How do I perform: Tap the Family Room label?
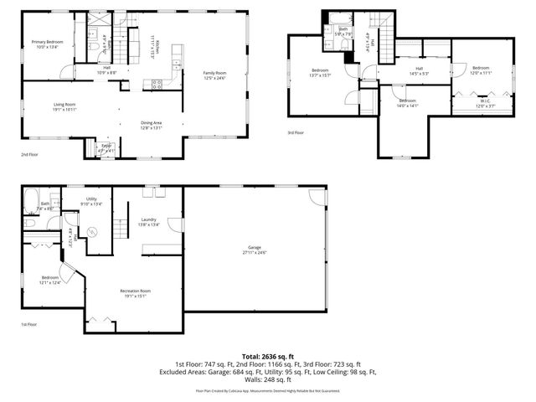[x=214, y=75]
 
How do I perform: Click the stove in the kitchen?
[x=156, y=83]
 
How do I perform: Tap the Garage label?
[x=254, y=250]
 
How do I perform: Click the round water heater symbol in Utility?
[x=93, y=230]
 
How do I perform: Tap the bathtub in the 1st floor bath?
[x=32, y=202]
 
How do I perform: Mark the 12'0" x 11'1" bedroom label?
[x=480, y=70]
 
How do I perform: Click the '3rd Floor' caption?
[x=296, y=132]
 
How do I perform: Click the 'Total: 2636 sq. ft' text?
[x=268, y=355]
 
